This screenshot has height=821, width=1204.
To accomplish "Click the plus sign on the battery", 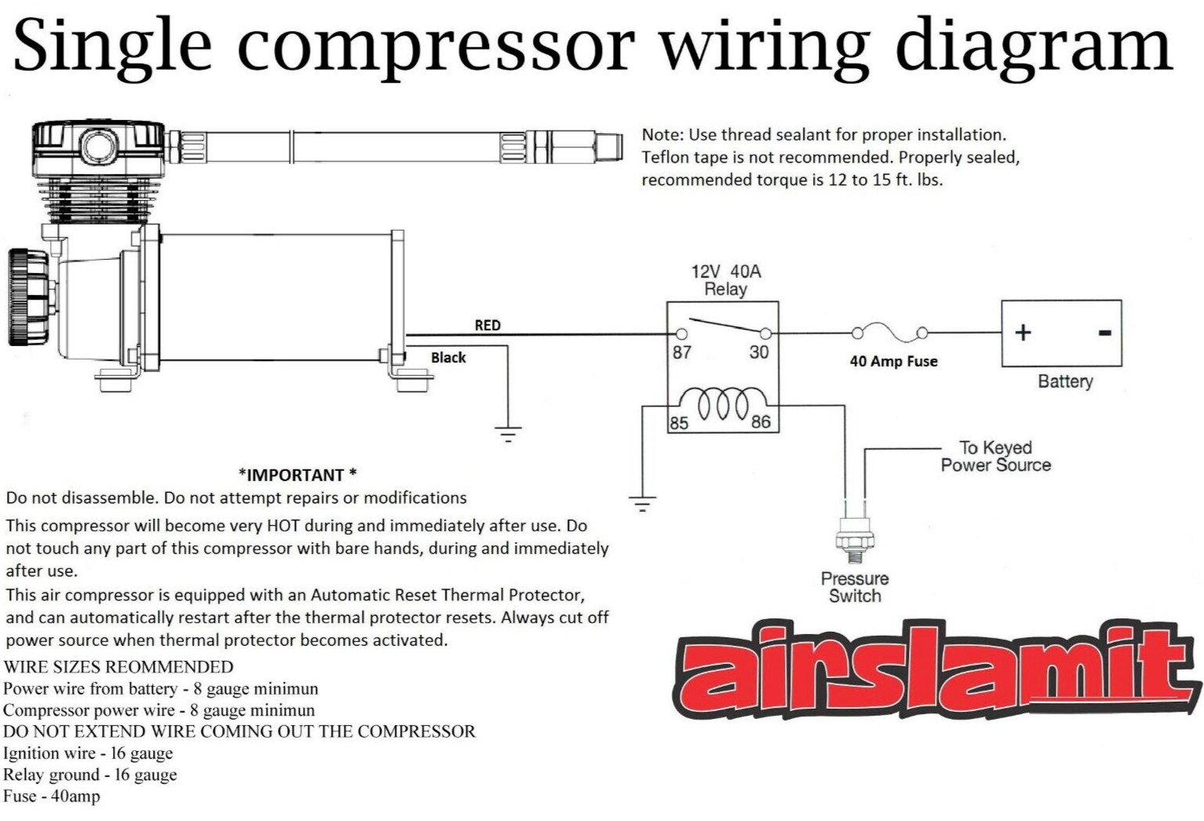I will tap(1023, 333).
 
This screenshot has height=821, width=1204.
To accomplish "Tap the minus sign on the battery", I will tap(1104, 333).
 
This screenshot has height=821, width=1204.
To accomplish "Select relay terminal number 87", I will tap(681, 352).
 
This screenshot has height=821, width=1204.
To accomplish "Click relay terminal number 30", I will tap(758, 352).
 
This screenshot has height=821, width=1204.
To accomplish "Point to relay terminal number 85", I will tap(679, 422).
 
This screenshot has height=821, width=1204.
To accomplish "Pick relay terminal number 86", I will tap(761, 421).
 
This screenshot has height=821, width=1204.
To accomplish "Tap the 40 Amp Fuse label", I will tap(893, 361).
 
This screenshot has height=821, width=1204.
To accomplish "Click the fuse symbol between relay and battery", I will tap(889, 333).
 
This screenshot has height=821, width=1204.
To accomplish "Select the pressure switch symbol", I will tap(855, 538).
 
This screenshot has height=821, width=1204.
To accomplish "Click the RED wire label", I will tap(487, 325).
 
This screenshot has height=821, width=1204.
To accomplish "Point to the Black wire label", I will tap(448, 358).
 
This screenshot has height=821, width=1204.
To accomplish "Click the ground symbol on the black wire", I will tap(508, 433).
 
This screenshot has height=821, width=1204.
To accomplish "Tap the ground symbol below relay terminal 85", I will tap(642, 504).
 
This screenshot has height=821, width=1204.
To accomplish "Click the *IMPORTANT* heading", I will tap(297, 475).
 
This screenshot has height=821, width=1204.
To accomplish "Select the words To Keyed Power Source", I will tap(995, 456).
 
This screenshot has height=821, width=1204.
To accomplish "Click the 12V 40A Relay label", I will tap(725, 280).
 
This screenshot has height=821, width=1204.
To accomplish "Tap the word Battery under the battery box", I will tap(1065, 381).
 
